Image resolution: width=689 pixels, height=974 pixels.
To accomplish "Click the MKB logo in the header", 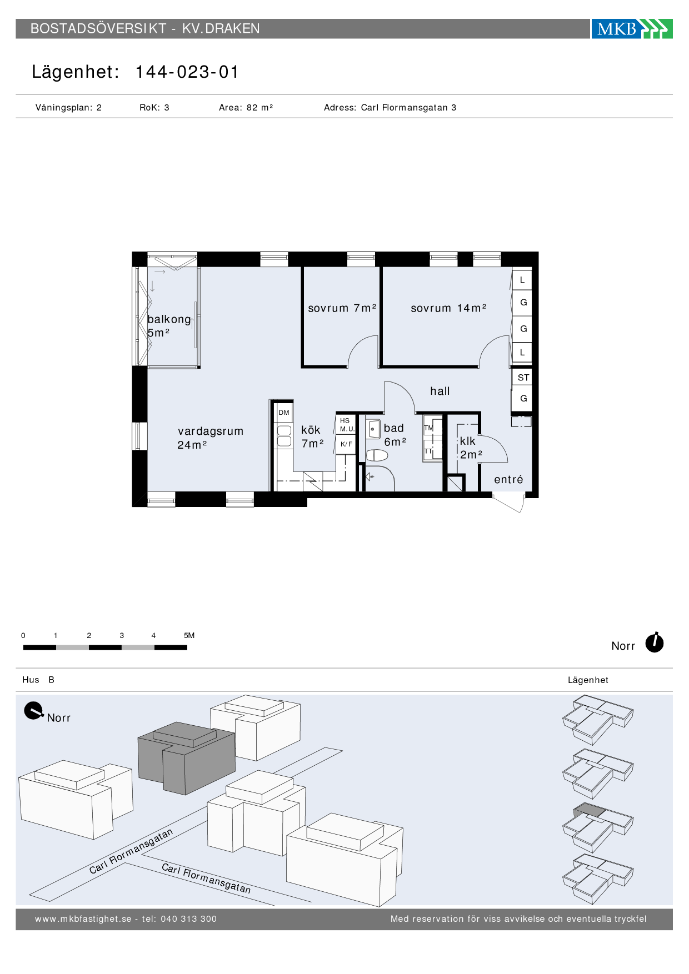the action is coord(632,29).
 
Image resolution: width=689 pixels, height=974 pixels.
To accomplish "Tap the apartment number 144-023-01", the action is coord(187,72).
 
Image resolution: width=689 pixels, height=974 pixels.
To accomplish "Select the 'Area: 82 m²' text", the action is coord(246,108).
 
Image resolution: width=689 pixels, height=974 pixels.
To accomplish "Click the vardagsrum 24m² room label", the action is coord(210,438).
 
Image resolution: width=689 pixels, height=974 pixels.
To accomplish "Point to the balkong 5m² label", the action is coord(169,326).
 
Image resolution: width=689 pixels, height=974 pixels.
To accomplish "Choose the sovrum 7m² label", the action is coord(342,308).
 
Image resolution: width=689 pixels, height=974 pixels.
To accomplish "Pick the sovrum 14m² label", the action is coord(448,308).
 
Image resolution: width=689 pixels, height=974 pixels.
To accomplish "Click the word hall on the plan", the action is coord(440,391).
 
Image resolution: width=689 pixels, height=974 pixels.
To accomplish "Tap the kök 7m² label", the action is coord(312,436).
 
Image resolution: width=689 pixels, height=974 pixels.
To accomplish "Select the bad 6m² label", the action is coord(395,435).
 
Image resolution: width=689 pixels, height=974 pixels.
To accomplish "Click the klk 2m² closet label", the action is coord(471,448).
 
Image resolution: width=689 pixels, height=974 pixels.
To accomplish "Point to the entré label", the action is coord(508,479).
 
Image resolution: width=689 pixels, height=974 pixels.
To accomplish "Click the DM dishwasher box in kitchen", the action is coord(284,413).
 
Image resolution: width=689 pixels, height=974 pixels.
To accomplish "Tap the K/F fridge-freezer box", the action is coord(346,444).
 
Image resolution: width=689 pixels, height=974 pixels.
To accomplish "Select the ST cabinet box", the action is coord(523,378).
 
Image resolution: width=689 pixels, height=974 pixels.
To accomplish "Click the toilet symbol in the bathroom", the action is coord(377,456).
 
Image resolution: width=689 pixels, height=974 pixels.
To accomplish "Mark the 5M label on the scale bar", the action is coord(189,635).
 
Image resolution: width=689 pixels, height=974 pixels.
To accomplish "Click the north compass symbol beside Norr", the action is coord(655,642).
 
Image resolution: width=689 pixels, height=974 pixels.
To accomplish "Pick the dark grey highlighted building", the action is coord(186,757).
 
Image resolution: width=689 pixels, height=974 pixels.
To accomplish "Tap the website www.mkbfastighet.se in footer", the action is coord(83,919).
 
